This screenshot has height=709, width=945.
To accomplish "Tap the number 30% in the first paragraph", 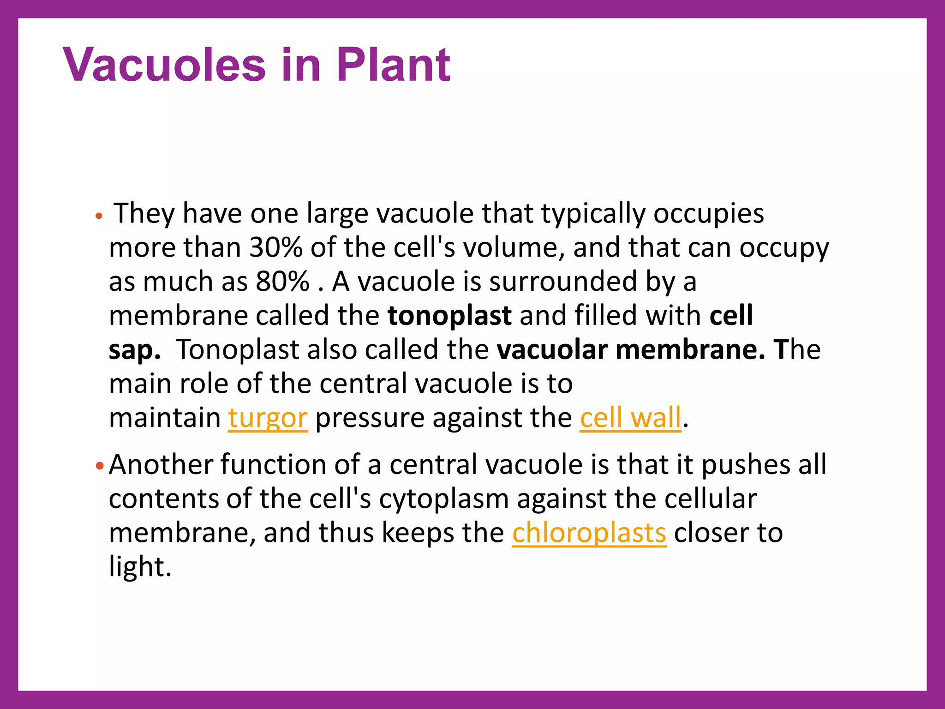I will (x=275, y=248).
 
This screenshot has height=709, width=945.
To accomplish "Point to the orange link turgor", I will (x=268, y=418).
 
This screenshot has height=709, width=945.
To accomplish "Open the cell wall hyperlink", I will (x=630, y=418).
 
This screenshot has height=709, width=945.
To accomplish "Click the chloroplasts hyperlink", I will (x=589, y=533).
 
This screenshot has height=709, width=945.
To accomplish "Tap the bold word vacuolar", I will (x=552, y=350).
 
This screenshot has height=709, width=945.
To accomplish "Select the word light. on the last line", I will (x=140, y=567).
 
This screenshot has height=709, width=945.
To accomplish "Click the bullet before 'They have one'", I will (x=98, y=216).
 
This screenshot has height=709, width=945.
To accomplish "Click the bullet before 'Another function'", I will (x=100, y=465).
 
